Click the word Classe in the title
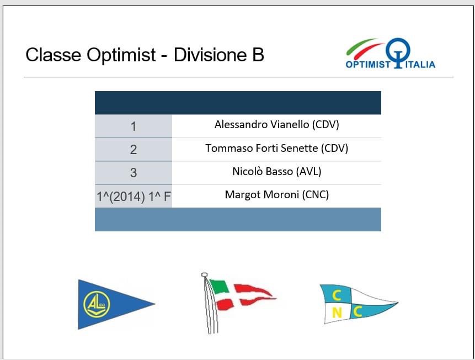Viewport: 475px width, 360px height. click(54, 55)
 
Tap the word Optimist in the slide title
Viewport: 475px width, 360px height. click(121, 55)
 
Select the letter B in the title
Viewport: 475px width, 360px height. click(258, 55)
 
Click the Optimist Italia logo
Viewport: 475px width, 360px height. click(391, 54)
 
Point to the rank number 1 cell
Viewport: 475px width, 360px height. click(134, 126)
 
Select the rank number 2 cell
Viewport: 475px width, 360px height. click(134, 150)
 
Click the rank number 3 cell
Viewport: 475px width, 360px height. click(134, 173)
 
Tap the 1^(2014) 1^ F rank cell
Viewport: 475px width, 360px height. click(134, 196)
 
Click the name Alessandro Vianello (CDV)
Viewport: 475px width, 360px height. click(276, 125)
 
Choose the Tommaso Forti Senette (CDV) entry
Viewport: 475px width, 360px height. click(276, 149)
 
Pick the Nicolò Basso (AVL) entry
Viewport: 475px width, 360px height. click(276, 172)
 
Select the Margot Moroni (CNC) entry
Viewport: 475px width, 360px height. click(276, 195)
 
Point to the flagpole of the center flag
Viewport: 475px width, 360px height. click(210, 303)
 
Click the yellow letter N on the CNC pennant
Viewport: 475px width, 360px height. click(337, 313)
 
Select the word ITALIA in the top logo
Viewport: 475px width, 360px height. click(420, 65)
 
